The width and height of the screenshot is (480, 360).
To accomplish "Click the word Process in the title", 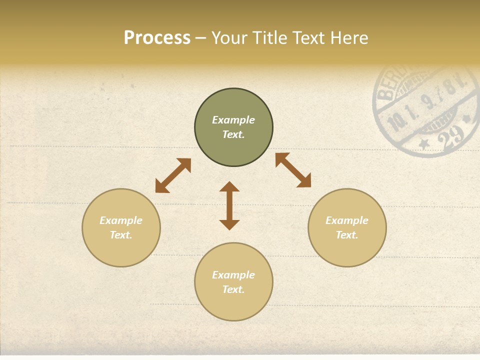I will pos(157,38).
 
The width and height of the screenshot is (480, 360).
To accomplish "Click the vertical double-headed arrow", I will pos(229,206).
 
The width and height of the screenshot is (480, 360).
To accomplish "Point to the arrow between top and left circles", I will pos(173,175).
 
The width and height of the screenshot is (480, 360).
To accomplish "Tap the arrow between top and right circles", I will pos(293,170).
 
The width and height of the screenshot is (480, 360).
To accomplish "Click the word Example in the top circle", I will pos(233,120).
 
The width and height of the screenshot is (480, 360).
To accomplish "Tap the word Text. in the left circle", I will pos(121,235).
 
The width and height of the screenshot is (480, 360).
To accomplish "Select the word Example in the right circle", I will pos(347,220).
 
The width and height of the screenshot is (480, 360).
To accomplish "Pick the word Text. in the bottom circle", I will pos(233,289).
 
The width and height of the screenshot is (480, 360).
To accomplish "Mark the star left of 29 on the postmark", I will pos(424,144).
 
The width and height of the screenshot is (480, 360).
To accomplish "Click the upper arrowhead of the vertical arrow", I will pos(229,186).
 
